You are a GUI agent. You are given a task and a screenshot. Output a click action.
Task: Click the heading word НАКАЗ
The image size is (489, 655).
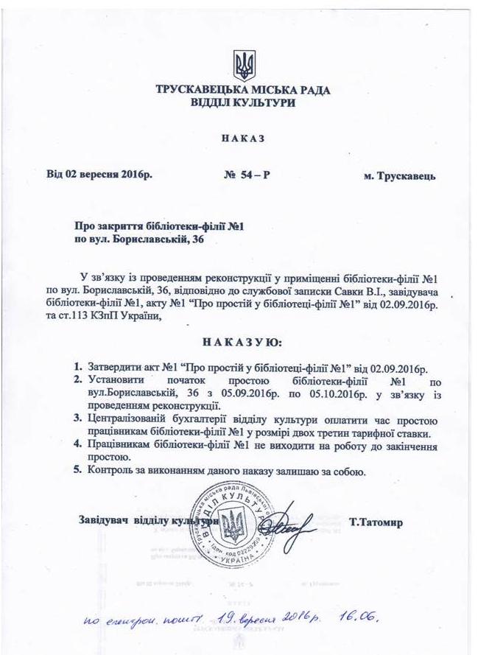(243, 139)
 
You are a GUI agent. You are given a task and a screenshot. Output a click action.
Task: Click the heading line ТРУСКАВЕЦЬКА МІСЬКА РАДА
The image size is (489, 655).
(244, 91)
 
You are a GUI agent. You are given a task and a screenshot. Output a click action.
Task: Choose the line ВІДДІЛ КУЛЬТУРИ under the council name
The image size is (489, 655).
(244, 104)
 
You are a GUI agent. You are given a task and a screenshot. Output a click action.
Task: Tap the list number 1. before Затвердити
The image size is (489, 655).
(77, 367)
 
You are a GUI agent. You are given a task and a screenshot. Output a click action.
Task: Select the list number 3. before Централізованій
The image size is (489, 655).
(77, 419)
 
